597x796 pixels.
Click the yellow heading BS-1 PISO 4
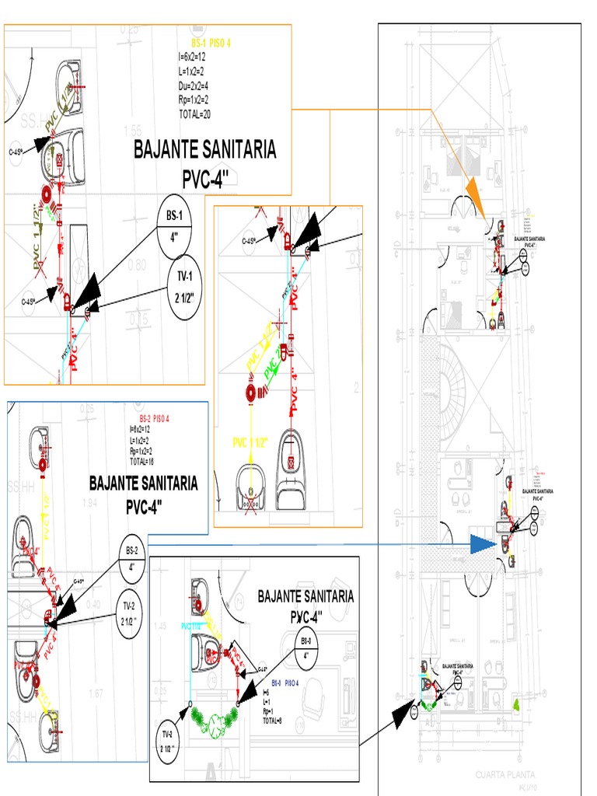pyautogui.click(x=211, y=44)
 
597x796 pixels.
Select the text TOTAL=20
pyautogui.click(x=194, y=114)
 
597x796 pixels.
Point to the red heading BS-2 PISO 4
pyautogui.click(x=154, y=419)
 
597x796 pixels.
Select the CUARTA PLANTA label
pyautogui.click(x=505, y=775)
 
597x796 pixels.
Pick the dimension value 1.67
pyautogui.click(x=96, y=693)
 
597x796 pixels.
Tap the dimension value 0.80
pyautogui.click(x=136, y=264)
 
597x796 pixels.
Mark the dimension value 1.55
pyautogui.click(x=132, y=131)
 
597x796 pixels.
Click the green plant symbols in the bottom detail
pyautogui.click(x=213, y=720)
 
